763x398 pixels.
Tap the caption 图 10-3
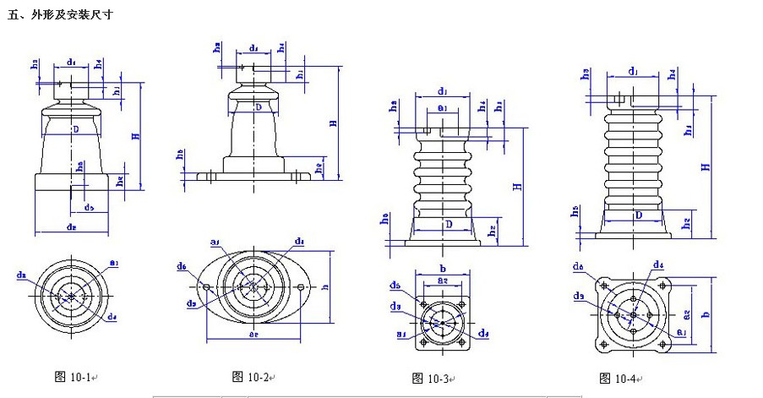[x=430, y=378]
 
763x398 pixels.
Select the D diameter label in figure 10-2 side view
[x=258, y=108]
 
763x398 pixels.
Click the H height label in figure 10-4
[x=704, y=166]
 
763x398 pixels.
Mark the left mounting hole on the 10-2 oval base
[x=205, y=286]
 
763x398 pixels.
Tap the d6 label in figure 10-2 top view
[x=182, y=266]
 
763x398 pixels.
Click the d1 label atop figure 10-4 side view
[x=634, y=71]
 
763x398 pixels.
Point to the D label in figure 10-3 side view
[x=449, y=223]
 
